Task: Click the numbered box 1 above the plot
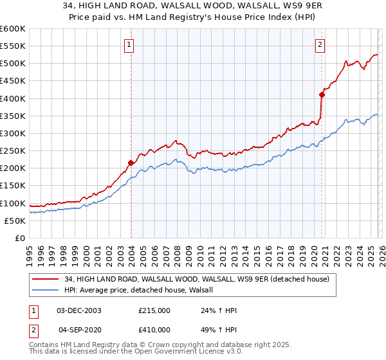(x=130, y=44)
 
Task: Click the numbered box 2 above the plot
(x=320, y=44)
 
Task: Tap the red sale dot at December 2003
(x=131, y=163)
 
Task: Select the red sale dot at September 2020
(x=322, y=95)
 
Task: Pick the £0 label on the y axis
(x=19, y=238)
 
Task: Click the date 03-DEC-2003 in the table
(x=78, y=310)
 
